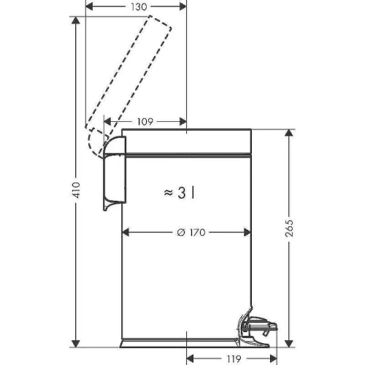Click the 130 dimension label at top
(x=139, y=7)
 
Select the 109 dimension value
(x=145, y=121)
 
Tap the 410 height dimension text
(x=76, y=190)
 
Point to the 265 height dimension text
(x=289, y=228)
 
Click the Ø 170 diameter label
(x=191, y=232)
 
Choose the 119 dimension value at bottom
(x=234, y=358)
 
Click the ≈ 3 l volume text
(x=180, y=193)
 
